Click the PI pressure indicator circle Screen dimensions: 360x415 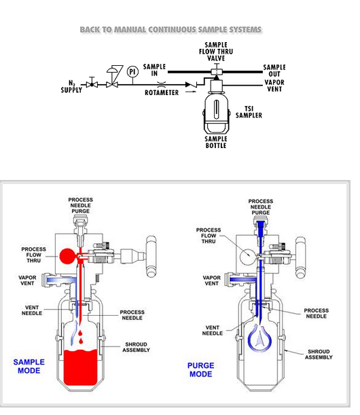click(x=132, y=72)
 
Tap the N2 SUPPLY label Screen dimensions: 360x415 click(x=71, y=86)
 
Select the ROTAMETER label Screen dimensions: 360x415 click(x=162, y=92)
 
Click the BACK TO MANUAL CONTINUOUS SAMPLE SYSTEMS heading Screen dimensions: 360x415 click(x=170, y=30)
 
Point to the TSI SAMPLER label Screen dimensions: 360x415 click(x=249, y=112)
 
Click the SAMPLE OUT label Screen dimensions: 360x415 click(x=274, y=71)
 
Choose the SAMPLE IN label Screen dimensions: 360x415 click(x=154, y=70)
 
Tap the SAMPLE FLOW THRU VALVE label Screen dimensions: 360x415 click(x=216, y=52)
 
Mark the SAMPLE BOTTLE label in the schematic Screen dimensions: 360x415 click(x=216, y=142)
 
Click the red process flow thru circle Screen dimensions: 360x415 click(x=67, y=256)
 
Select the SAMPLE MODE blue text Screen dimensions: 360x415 click(x=29, y=366)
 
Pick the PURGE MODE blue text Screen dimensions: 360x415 click(x=201, y=369)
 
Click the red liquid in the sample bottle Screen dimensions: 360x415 click(x=80, y=367)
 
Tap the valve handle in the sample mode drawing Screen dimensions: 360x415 click(x=151, y=257)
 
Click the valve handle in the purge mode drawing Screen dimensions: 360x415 click(x=300, y=257)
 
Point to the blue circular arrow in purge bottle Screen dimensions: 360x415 click(x=259, y=338)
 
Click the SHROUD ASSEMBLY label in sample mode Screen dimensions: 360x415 click(x=136, y=347)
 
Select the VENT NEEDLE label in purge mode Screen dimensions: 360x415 click(x=213, y=330)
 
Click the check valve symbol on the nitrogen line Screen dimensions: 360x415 click(x=191, y=85)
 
